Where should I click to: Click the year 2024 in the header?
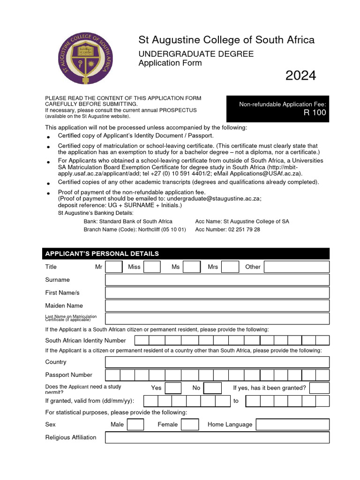pyautogui.click(x=300, y=75)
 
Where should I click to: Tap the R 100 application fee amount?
pyautogui.click(x=315, y=113)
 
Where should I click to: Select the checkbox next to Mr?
pyautogui.click(x=114, y=267)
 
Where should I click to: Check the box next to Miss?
pyautogui.click(x=152, y=267)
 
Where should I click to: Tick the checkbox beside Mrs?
pyautogui.click(x=230, y=267)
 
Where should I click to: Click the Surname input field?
pyautogui.click(x=217, y=280)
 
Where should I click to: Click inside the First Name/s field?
pyautogui.click(x=217, y=293)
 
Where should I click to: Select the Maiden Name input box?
pyautogui.click(x=217, y=306)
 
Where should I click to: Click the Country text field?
pyautogui.click(x=217, y=362)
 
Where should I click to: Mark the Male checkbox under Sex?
pyautogui.click(x=135, y=425)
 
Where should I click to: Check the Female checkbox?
pyautogui.click(x=190, y=425)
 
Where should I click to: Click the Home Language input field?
pyautogui.click(x=292, y=425)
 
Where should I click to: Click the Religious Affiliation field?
pyautogui.click(x=217, y=437)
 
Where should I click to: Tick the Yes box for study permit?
pyautogui.click(x=173, y=388)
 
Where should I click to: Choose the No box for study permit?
pyautogui.click(x=213, y=388)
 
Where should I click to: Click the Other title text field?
pyautogui.click(x=297, y=267)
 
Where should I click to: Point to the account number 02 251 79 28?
pyautogui.click(x=244, y=230)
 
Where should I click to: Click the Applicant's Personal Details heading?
pyautogui.click(x=102, y=254)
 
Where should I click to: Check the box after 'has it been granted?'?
pyautogui.click(x=319, y=388)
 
